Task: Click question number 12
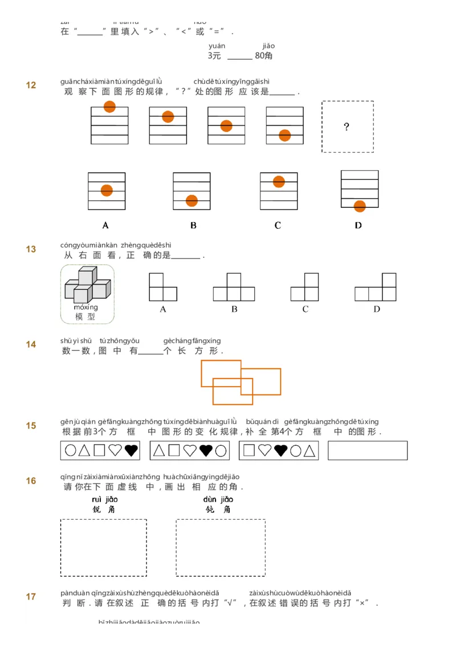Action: click(x=31, y=85)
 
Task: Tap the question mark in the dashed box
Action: click(x=347, y=127)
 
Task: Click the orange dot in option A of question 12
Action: click(x=107, y=191)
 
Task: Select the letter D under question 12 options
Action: click(x=358, y=225)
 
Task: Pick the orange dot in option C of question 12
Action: click(x=279, y=182)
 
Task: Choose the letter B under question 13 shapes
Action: click(x=234, y=309)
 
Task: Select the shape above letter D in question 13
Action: click(x=376, y=287)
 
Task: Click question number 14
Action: click(x=31, y=344)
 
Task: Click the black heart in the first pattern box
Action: click(x=131, y=450)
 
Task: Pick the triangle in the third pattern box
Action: click(x=310, y=451)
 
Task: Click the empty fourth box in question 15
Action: click(x=368, y=450)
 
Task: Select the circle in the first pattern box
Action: click(x=70, y=450)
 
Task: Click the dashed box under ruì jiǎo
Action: click(x=104, y=547)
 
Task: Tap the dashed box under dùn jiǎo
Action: click(x=221, y=547)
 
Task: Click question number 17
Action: click(x=31, y=597)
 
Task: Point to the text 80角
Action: click(x=264, y=56)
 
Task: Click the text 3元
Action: click(x=214, y=56)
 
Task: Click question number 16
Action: click(x=31, y=481)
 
